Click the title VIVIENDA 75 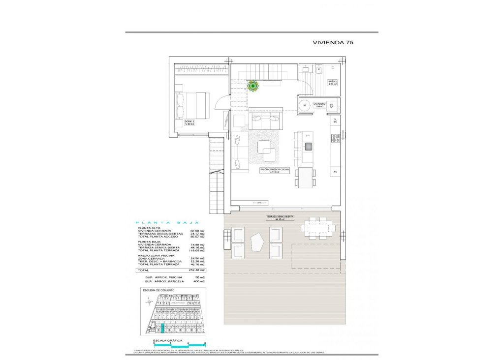pos(333,42)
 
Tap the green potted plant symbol pos(253,86)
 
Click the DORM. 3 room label pos(189,122)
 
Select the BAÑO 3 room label pos(332,82)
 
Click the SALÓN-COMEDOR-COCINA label pos(275,171)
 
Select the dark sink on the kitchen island pos(309,146)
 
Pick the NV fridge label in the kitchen pos(335,171)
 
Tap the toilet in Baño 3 pos(318,70)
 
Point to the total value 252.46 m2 pos(198,270)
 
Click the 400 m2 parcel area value pos(199,282)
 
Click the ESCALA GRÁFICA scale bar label pos(168,340)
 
